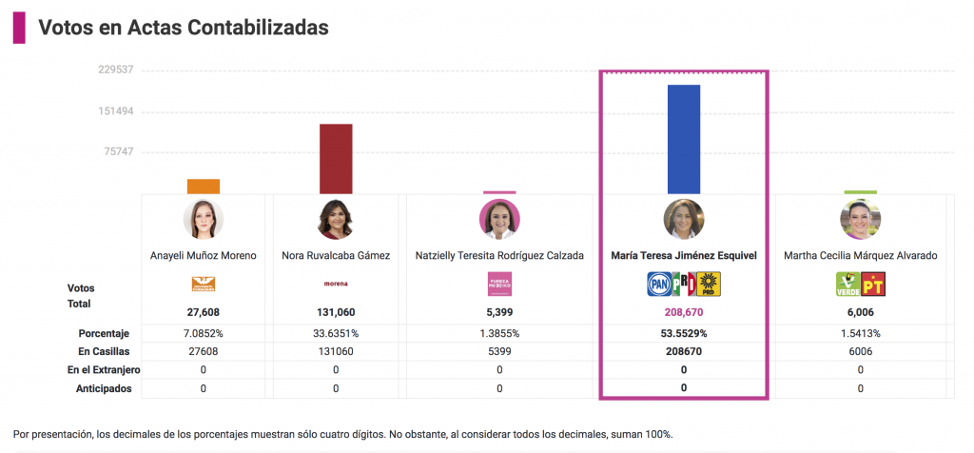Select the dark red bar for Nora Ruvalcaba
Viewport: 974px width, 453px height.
336,158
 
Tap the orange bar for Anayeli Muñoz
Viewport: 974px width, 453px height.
204,187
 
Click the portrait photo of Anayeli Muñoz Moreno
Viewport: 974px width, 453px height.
204,219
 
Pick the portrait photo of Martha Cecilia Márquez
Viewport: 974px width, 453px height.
860,219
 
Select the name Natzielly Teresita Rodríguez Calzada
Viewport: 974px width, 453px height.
499,256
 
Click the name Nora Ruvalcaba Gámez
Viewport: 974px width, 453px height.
336,256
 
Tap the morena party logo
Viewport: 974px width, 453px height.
336,284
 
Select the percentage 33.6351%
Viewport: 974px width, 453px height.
336,334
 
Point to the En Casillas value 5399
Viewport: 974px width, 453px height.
499,352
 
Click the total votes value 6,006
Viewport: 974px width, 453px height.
860,312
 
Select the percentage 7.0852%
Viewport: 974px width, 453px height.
204,334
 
